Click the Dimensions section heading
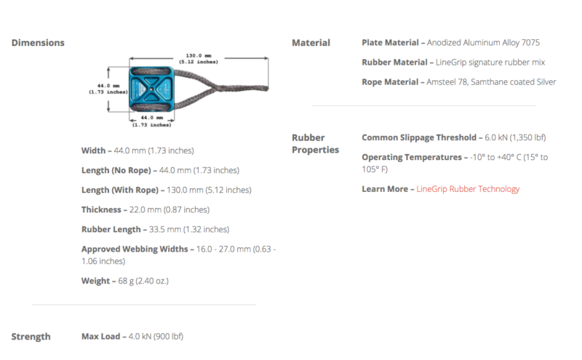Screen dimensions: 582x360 coord(38,43)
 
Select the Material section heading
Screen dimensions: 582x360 coord(311,43)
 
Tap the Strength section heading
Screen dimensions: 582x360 coord(31,337)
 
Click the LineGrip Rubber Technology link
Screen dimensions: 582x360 coord(468,189)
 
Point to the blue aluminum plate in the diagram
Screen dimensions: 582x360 coord(151,89)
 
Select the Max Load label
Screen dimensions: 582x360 coord(100,336)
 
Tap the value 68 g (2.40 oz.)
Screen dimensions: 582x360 coord(143,281)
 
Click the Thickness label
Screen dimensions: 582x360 coord(101,209)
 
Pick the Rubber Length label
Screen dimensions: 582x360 coord(111,229)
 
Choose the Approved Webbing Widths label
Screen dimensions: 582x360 coord(135,249)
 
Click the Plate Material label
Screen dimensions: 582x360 coord(390,43)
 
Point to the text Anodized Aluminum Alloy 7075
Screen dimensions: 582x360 coord(483,43)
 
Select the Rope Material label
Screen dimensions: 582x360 coord(390,82)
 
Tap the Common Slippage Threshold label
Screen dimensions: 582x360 coord(419,137)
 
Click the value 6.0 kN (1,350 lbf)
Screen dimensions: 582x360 coord(515,137)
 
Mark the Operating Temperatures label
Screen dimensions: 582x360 coord(412,157)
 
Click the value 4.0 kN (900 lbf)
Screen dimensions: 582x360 coord(156,336)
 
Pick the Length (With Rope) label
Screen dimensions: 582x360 coord(120,190)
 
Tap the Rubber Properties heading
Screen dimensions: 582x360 coord(315,143)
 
